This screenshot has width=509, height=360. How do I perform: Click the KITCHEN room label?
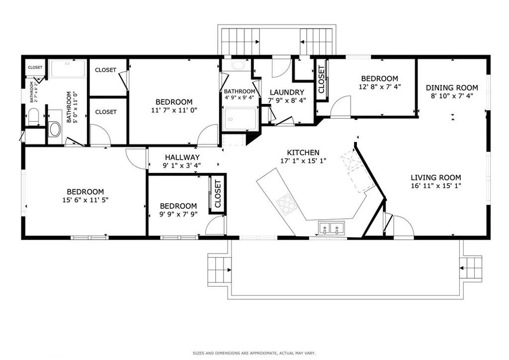point(303,153)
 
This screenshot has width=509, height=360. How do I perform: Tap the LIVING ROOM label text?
point(435,178)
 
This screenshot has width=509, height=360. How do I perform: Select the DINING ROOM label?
point(452,88)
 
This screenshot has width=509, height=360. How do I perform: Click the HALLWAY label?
point(182,157)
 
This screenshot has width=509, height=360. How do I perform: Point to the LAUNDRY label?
point(287,92)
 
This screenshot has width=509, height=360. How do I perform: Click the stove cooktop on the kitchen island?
point(286,204)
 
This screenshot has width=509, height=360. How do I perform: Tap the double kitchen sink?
point(331,229)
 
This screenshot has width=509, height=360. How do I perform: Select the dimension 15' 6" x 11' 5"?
point(85,200)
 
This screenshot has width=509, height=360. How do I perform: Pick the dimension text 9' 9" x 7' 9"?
point(178,215)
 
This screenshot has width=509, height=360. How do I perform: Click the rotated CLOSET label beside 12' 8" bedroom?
point(321,80)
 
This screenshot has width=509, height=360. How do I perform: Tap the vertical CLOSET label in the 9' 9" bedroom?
point(217,194)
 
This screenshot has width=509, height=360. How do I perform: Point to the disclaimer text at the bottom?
point(254,353)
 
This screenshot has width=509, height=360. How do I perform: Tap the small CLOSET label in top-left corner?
point(35,68)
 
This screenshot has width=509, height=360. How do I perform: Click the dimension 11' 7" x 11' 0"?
point(173,110)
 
